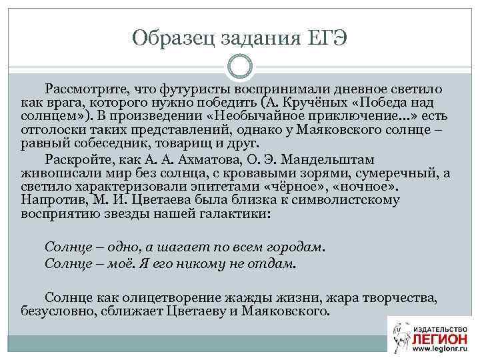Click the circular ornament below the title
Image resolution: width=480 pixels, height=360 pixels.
pyautogui.click(x=240, y=67)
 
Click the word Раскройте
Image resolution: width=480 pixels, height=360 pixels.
pyautogui.click(x=77, y=160)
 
